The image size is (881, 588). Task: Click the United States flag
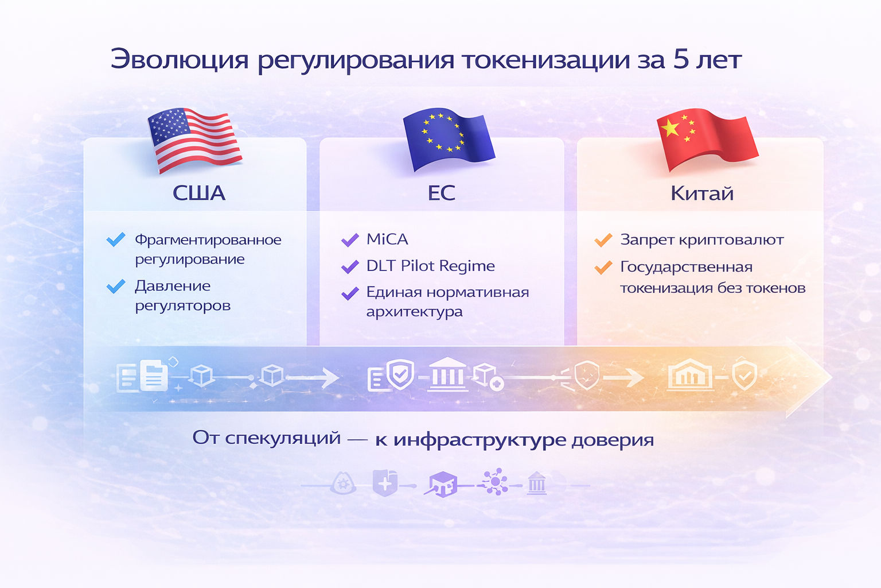(x=194, y=140)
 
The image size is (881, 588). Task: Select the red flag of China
(x=707, y=140)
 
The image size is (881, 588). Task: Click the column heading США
(x=199, y=193)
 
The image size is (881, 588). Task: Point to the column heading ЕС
(x=441, y=193)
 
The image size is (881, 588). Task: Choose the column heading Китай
(x=702, y=193)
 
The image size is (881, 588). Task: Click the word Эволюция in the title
(x=180, y=60)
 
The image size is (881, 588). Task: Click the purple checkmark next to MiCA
(x=350, y=239)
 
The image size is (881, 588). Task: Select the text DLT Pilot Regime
(x=431, y=266)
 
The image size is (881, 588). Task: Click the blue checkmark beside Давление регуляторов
(x=116, y=286)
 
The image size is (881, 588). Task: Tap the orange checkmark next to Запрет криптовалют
(x=603, y=239)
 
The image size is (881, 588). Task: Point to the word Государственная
(x=687, y=268)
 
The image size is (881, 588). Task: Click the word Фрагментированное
(x=208, y=240)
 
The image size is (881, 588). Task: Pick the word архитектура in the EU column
(x=415, y=312)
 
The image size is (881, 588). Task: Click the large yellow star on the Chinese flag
(x=670, y=129)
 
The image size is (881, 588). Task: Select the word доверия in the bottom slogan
(x=613, y=439)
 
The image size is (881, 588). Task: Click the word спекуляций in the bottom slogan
(x=283, y=438)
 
